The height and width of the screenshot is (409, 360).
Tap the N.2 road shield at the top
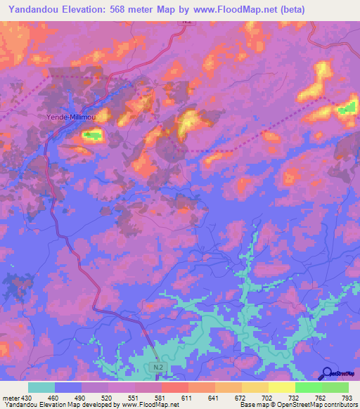(x=186, y=22)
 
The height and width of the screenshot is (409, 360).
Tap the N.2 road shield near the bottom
(x=157, y=367)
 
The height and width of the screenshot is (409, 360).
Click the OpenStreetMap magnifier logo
(x=327, y=373)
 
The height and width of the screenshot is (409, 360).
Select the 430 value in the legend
(x=27, y=398)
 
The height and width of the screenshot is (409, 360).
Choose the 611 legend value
(x=187, y=398)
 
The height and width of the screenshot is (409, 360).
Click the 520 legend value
(x=107, y=398)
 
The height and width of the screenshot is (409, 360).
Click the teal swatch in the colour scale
(x=41, y=387)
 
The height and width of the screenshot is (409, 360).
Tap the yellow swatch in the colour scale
(x=281, y=387)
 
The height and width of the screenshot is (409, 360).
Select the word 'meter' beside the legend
(x=11, y=398)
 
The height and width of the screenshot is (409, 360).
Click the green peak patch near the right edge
(x=348, y=109)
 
